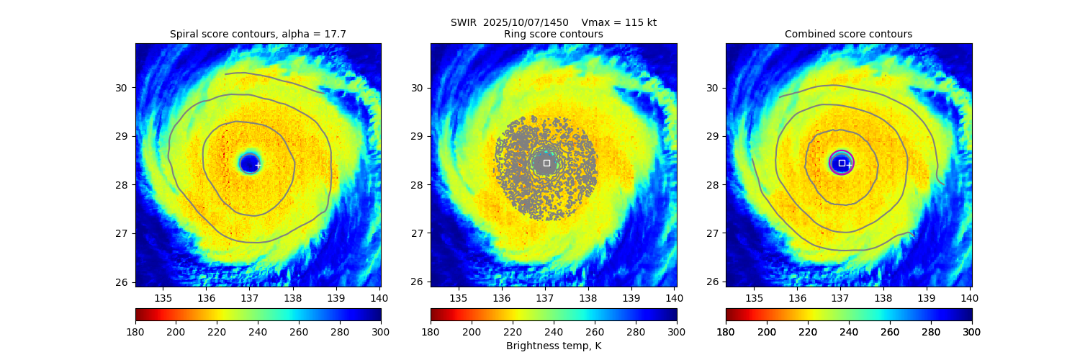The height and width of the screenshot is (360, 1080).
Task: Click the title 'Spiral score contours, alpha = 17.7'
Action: pos(258,34)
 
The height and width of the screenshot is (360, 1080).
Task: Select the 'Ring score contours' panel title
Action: pos(553,34)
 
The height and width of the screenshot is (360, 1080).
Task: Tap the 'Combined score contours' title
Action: pos(848,34)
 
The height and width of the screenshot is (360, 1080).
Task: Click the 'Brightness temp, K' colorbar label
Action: pos(553,346)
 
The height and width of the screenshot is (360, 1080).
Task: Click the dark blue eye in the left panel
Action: pos(249,163)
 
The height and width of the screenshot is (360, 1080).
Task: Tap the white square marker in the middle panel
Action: pos(546,163)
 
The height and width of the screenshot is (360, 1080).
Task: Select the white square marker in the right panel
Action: pos(842,163)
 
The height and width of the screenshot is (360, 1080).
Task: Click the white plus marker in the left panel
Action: pos(258,165)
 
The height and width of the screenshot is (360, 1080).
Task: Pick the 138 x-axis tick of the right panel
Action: pos(883,298)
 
